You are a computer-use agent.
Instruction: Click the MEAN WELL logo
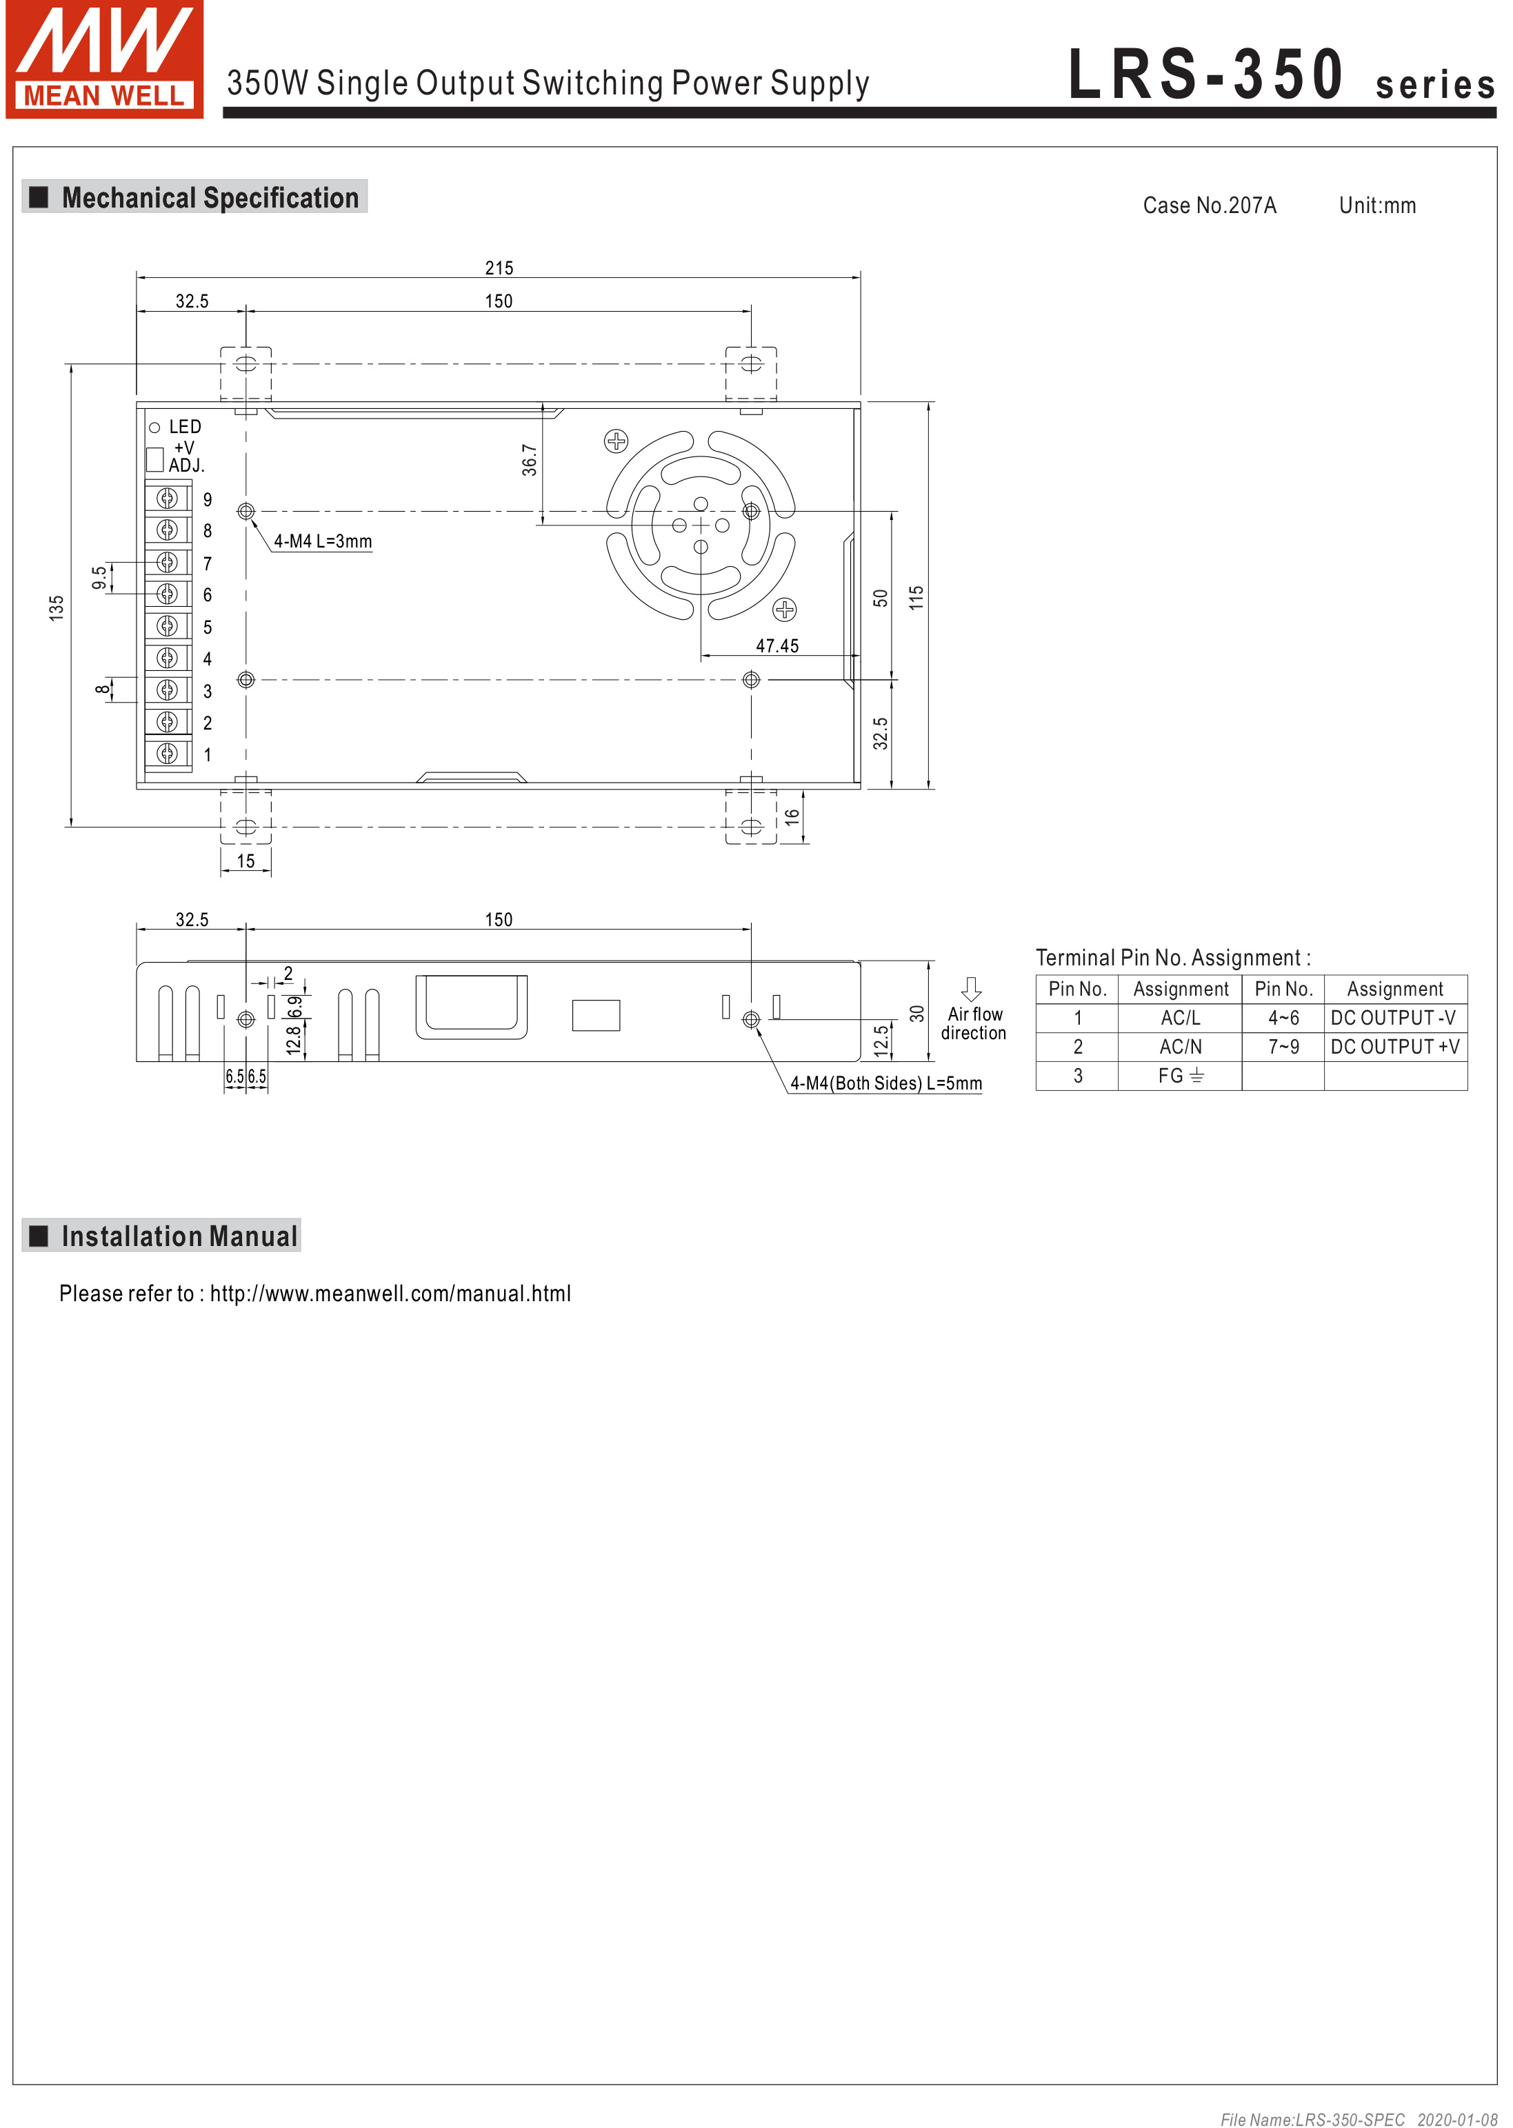[x=104, y=59]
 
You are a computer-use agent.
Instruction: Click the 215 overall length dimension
[x=499, y=268]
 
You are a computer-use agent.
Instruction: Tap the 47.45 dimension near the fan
[x=777, y=645]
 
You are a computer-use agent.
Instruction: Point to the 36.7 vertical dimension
[x=529, y=460]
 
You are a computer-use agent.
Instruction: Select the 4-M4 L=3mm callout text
[x=322, y=541]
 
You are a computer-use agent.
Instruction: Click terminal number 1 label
[x=208, y=754]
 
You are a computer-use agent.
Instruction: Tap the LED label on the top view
[x=184, y=427]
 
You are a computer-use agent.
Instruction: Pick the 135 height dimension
[x=57, y=608]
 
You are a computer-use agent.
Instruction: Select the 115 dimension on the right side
[x=916, y=597]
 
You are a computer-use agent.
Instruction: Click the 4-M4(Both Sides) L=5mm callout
[x=886, y=1083]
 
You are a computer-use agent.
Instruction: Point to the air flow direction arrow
[x=971, y=989]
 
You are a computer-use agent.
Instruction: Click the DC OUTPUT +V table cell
[x=1394, y=1046]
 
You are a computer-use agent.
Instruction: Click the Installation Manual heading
[x=179, y=1236]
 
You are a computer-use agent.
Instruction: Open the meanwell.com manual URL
[x=390, y=1293]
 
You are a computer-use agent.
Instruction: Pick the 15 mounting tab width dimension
[x=246, y=861]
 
